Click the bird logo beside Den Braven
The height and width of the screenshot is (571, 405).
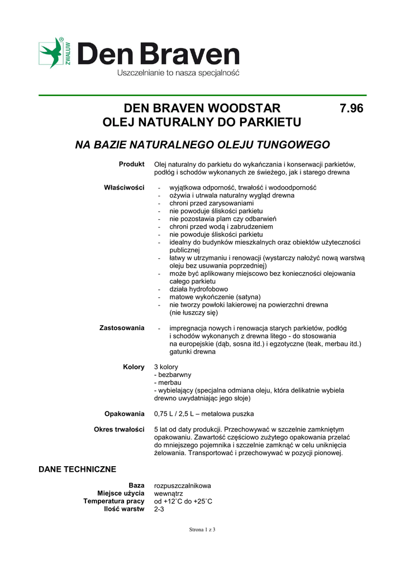[x=51, y=53]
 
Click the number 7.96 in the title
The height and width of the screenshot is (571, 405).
[x=351, y=108]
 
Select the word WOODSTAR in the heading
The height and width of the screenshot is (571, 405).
[x=244, y=108]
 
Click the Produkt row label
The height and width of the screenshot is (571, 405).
[x=131, y=164]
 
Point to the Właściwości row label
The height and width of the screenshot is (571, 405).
[x=124, y=187]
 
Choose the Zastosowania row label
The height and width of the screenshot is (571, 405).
[x=122, y=327]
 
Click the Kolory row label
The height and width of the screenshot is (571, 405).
[x=134, y=366]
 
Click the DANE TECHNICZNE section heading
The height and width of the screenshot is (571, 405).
[x=77, y=469]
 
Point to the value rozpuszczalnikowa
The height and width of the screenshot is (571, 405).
[x=183, y=486]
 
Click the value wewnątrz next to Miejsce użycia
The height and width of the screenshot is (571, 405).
[x=168, y=493]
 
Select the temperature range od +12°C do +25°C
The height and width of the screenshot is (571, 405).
[x=183, y=501]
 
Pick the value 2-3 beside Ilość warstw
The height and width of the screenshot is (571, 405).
[x=160, y=509]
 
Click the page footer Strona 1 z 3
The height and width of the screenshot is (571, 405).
[x=202, y=530]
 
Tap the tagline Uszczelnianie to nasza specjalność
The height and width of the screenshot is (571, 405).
[x=178, y=73]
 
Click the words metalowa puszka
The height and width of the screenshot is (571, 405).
[x=227, y=414]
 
